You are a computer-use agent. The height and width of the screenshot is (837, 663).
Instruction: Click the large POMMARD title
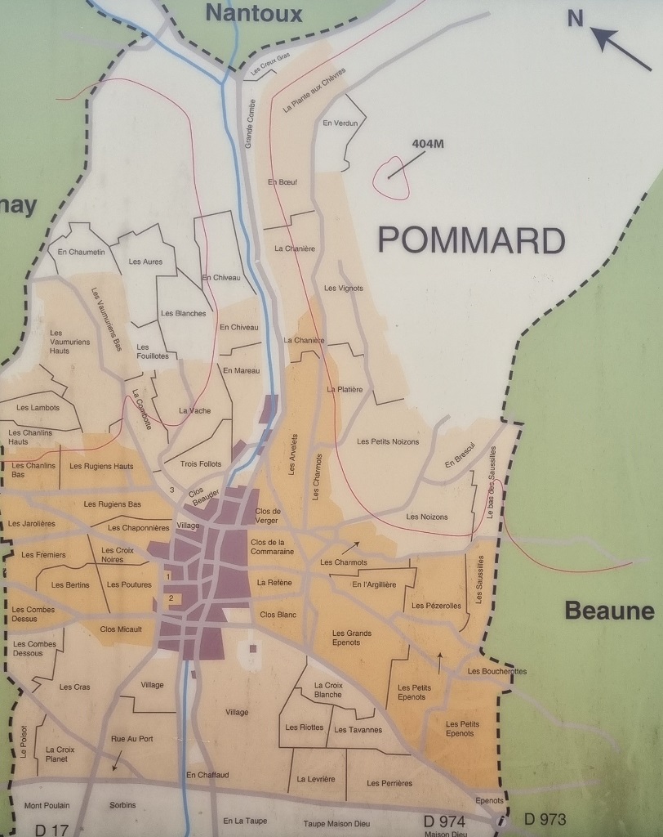pyautogui.click(x=472, y=240)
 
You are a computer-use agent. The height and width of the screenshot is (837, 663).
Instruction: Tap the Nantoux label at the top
pyautogui.click(x=254, y=13)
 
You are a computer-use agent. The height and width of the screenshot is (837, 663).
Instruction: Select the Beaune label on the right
pyautogui.click(x=609, y=611)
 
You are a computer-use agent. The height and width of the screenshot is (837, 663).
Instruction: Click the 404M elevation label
pyautogui.click(x=428, y=144)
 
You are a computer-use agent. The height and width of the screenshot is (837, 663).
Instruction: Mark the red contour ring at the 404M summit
pyautogui.click(x=391, y=178)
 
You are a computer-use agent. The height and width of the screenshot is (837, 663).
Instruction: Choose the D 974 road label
pyautogui.click(x=444, y=821)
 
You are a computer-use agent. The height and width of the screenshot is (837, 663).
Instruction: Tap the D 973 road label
pyautogui.click(x=545, y=819)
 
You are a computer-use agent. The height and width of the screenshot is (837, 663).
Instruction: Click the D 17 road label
pyautogui.click(x=52, y=830)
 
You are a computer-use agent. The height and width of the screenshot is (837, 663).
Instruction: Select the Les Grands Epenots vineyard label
pyautogui.click(x=352, y=638)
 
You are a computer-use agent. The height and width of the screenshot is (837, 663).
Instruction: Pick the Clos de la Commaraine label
pyautogui.click(x=272, y=547)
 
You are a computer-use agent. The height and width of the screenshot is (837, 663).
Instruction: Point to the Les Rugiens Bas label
pyautogui.click(x=113, y=504)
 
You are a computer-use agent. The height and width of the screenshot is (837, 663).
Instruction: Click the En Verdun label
pyautogui.click(x=340, y=123)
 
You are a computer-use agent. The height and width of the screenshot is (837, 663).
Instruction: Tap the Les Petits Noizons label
pyautogui.click(x=388, y=441)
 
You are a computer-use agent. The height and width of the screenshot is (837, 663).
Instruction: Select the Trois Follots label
pyautogui.click(x=200, y=463)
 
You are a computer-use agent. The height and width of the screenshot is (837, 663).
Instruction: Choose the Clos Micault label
pyautogui.click(x=121, y=629)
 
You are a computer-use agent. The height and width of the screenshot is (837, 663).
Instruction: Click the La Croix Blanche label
pyautogui.click(x=327, y=689)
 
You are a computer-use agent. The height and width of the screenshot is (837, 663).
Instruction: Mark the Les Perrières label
pyautogui.click(x=389, y=783)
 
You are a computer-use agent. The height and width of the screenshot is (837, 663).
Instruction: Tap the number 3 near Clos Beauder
pyautogui.click(x=172, y=490)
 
